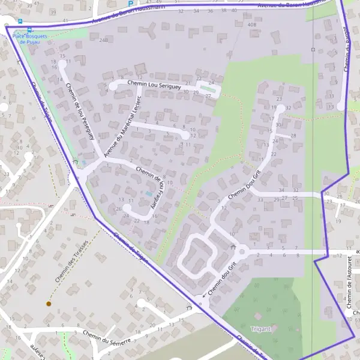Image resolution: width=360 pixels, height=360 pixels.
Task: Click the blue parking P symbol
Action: click(x=130, y=3)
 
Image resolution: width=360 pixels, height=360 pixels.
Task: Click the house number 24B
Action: click(x=104, y=40)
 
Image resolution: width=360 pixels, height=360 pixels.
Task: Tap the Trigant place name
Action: click(x=262, y=329)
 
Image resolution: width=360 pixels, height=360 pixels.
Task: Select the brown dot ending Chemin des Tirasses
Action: click(x=49, y=304)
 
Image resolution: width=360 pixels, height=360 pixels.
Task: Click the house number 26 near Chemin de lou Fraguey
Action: click(x=119, y=209)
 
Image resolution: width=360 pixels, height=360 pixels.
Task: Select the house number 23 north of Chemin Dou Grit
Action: click(x=279, y=99)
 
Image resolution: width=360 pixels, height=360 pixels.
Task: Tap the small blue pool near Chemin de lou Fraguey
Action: click(x=148, y=194)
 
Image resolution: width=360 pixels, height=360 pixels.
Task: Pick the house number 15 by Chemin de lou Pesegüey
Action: click(x=62, y=56)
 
